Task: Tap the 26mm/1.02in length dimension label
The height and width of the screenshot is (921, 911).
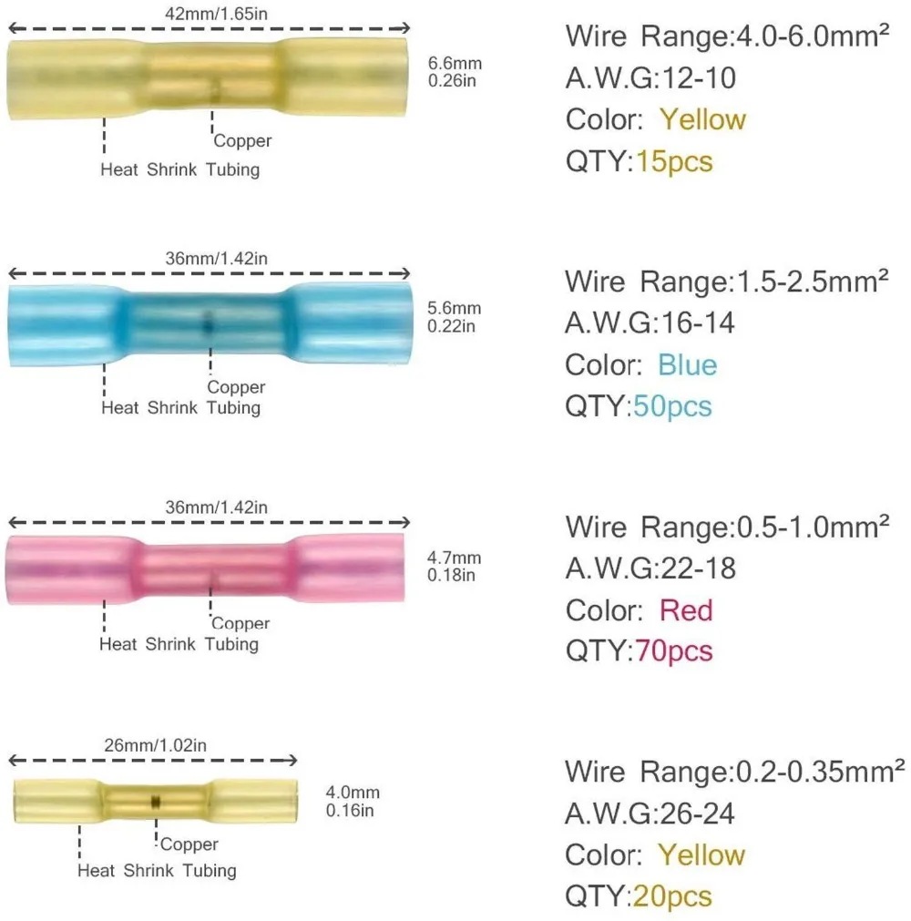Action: [156, 745]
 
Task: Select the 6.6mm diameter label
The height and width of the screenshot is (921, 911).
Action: [455, 63]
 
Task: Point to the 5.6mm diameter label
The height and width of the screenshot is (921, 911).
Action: [455, 309]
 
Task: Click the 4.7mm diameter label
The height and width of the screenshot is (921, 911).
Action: [455, 558]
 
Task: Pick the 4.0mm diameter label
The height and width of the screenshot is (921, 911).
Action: [353, 793]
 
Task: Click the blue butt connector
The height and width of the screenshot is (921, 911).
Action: [210, 323]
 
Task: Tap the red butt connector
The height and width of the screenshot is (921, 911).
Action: [210, 568]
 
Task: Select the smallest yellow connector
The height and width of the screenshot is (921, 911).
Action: [156, 798]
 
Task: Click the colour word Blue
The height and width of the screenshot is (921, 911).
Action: [687, 365]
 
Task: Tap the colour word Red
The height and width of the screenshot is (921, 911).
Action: [685, 610]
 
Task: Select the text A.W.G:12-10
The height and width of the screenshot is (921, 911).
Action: [650, 78]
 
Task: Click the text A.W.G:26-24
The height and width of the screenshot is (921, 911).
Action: [650, 814]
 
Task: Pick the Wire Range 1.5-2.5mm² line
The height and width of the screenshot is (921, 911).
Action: [726, 281]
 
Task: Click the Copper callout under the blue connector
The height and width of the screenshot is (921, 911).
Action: [236, 387]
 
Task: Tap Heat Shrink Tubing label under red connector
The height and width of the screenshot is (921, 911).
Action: [180, 644]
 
